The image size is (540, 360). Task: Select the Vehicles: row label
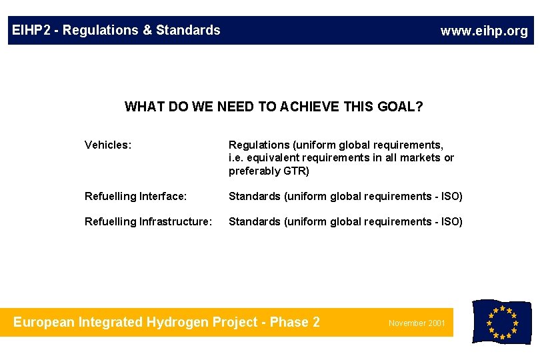(107, 145)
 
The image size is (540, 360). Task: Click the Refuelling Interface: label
(135, 196)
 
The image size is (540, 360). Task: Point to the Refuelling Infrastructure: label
(147, 221)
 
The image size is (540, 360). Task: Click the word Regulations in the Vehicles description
(257, 145)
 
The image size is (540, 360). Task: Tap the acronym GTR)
(296, 171)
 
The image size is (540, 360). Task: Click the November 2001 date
(417, 323)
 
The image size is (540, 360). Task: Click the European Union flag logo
(501, 322)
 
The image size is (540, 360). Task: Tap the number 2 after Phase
(315, 323)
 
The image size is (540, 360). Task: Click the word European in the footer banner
(44, 323)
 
